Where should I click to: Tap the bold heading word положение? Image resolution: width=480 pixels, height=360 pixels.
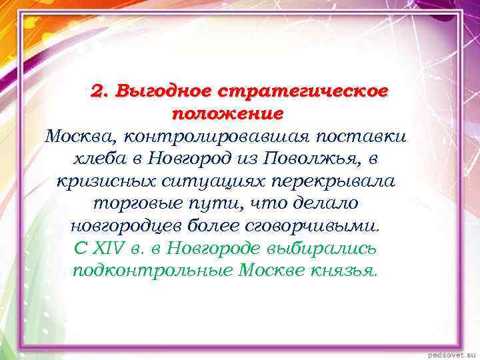click(x=227, y=113)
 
